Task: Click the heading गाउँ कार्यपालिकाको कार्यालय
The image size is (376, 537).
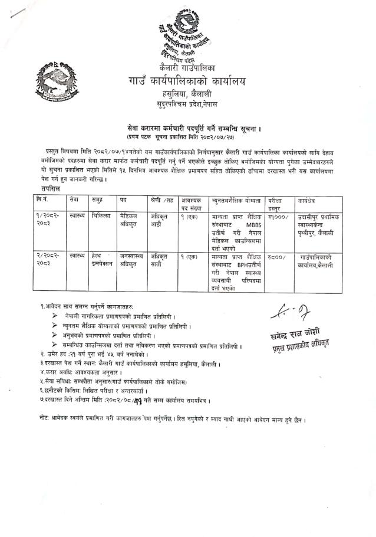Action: pos(188,81)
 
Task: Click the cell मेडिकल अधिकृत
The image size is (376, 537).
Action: pos(130,221)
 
